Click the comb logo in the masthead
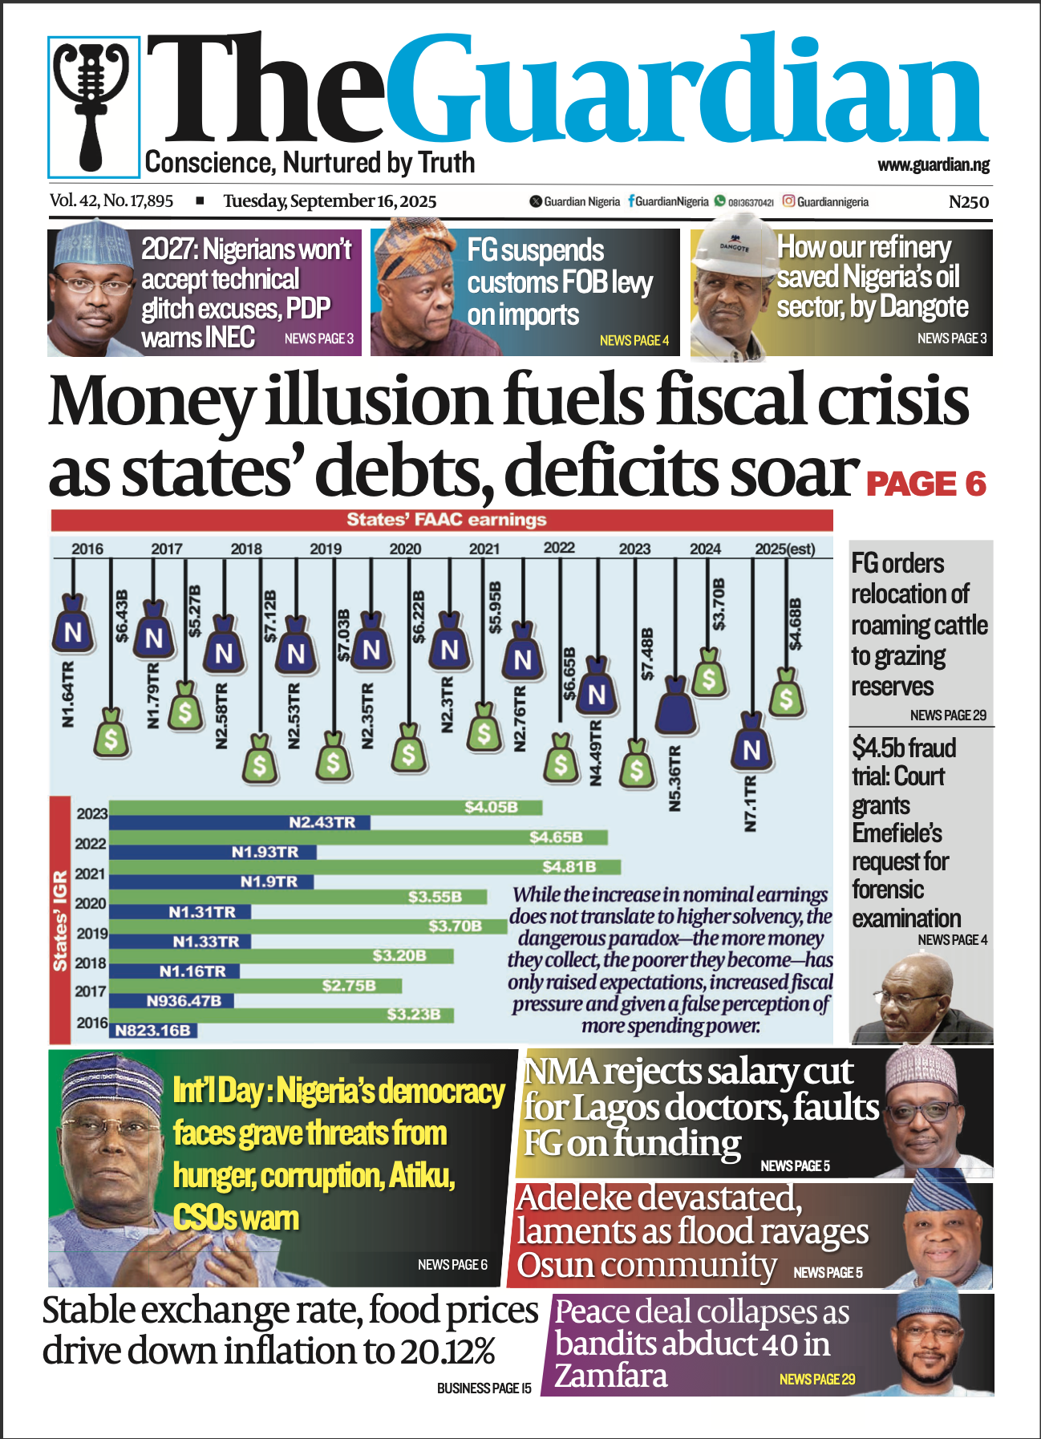pyautogui.click(x=93, y=106)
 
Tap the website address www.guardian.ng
pyautogui.click(x=933, y=165)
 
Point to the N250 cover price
pyautogui.click(x=968, y=202)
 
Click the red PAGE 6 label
pyautogui.click(x=926, y=484)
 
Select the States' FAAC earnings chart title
pyautogui.click(x=446, y=520)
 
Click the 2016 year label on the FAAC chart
pyautogui.click(x=87, y=549)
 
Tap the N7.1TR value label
pyautogui.click(x=750, y=803)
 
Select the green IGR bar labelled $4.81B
pyautogui.click(x=365, y=867)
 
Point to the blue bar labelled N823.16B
pyautogui.click(x=153, y=1030)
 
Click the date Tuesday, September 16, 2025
pyautogui.click(x=330, y=201)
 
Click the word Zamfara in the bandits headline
pyautogui.click(x=611, y=1376)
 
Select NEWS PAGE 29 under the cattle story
pyautogui.click(x=948, y=715)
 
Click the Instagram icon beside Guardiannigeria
pyautogui.click(x=788, y=201)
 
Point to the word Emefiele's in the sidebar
pyautogui.click(x=897, y=833)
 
